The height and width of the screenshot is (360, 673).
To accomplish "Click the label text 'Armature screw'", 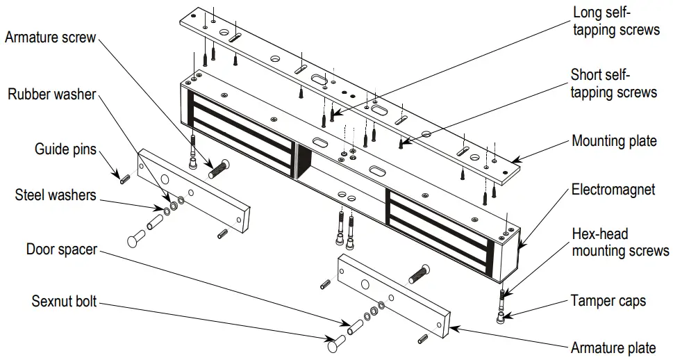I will [50, 38].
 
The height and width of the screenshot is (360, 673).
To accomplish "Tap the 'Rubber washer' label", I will [51, 95].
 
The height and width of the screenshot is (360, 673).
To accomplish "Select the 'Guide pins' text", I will [65, 149].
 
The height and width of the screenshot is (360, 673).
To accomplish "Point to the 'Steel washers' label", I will [56, 195].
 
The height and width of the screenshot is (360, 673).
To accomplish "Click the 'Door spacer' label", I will [61, 249].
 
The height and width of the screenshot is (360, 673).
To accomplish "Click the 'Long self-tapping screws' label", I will [615, 21].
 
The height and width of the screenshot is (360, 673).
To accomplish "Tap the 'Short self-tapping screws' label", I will [613, 83].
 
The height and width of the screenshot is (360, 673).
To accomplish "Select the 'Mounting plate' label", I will [614, 141].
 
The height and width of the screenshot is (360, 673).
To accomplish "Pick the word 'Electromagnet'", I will [613, 189].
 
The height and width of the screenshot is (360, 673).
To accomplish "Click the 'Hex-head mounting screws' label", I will [620, 241].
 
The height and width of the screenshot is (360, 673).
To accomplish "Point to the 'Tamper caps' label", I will [608, 301].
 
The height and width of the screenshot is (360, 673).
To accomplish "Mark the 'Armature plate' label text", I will [613, 347].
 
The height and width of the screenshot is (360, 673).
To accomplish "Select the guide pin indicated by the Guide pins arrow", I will [126, 179].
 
